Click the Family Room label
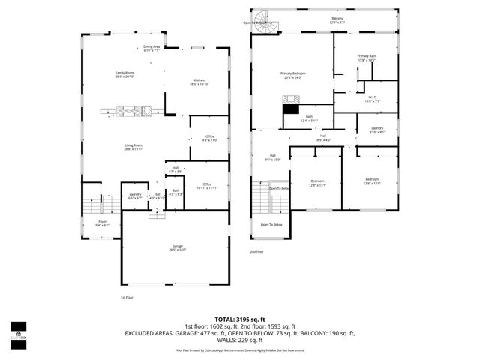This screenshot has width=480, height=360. coord(124,74)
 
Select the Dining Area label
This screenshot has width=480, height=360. coord(151,48)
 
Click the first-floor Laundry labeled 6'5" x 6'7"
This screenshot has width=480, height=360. coord(135,196)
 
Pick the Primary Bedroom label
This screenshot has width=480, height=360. coord(293,74)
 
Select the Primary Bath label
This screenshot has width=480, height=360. coord(366,58)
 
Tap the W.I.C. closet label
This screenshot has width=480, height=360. coord(373,98)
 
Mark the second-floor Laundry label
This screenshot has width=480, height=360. coord(377,130)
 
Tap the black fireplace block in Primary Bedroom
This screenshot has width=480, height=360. coord(289,109)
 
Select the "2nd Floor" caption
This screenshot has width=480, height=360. coord(258,251)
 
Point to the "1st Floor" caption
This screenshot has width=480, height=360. coord(127,297)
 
